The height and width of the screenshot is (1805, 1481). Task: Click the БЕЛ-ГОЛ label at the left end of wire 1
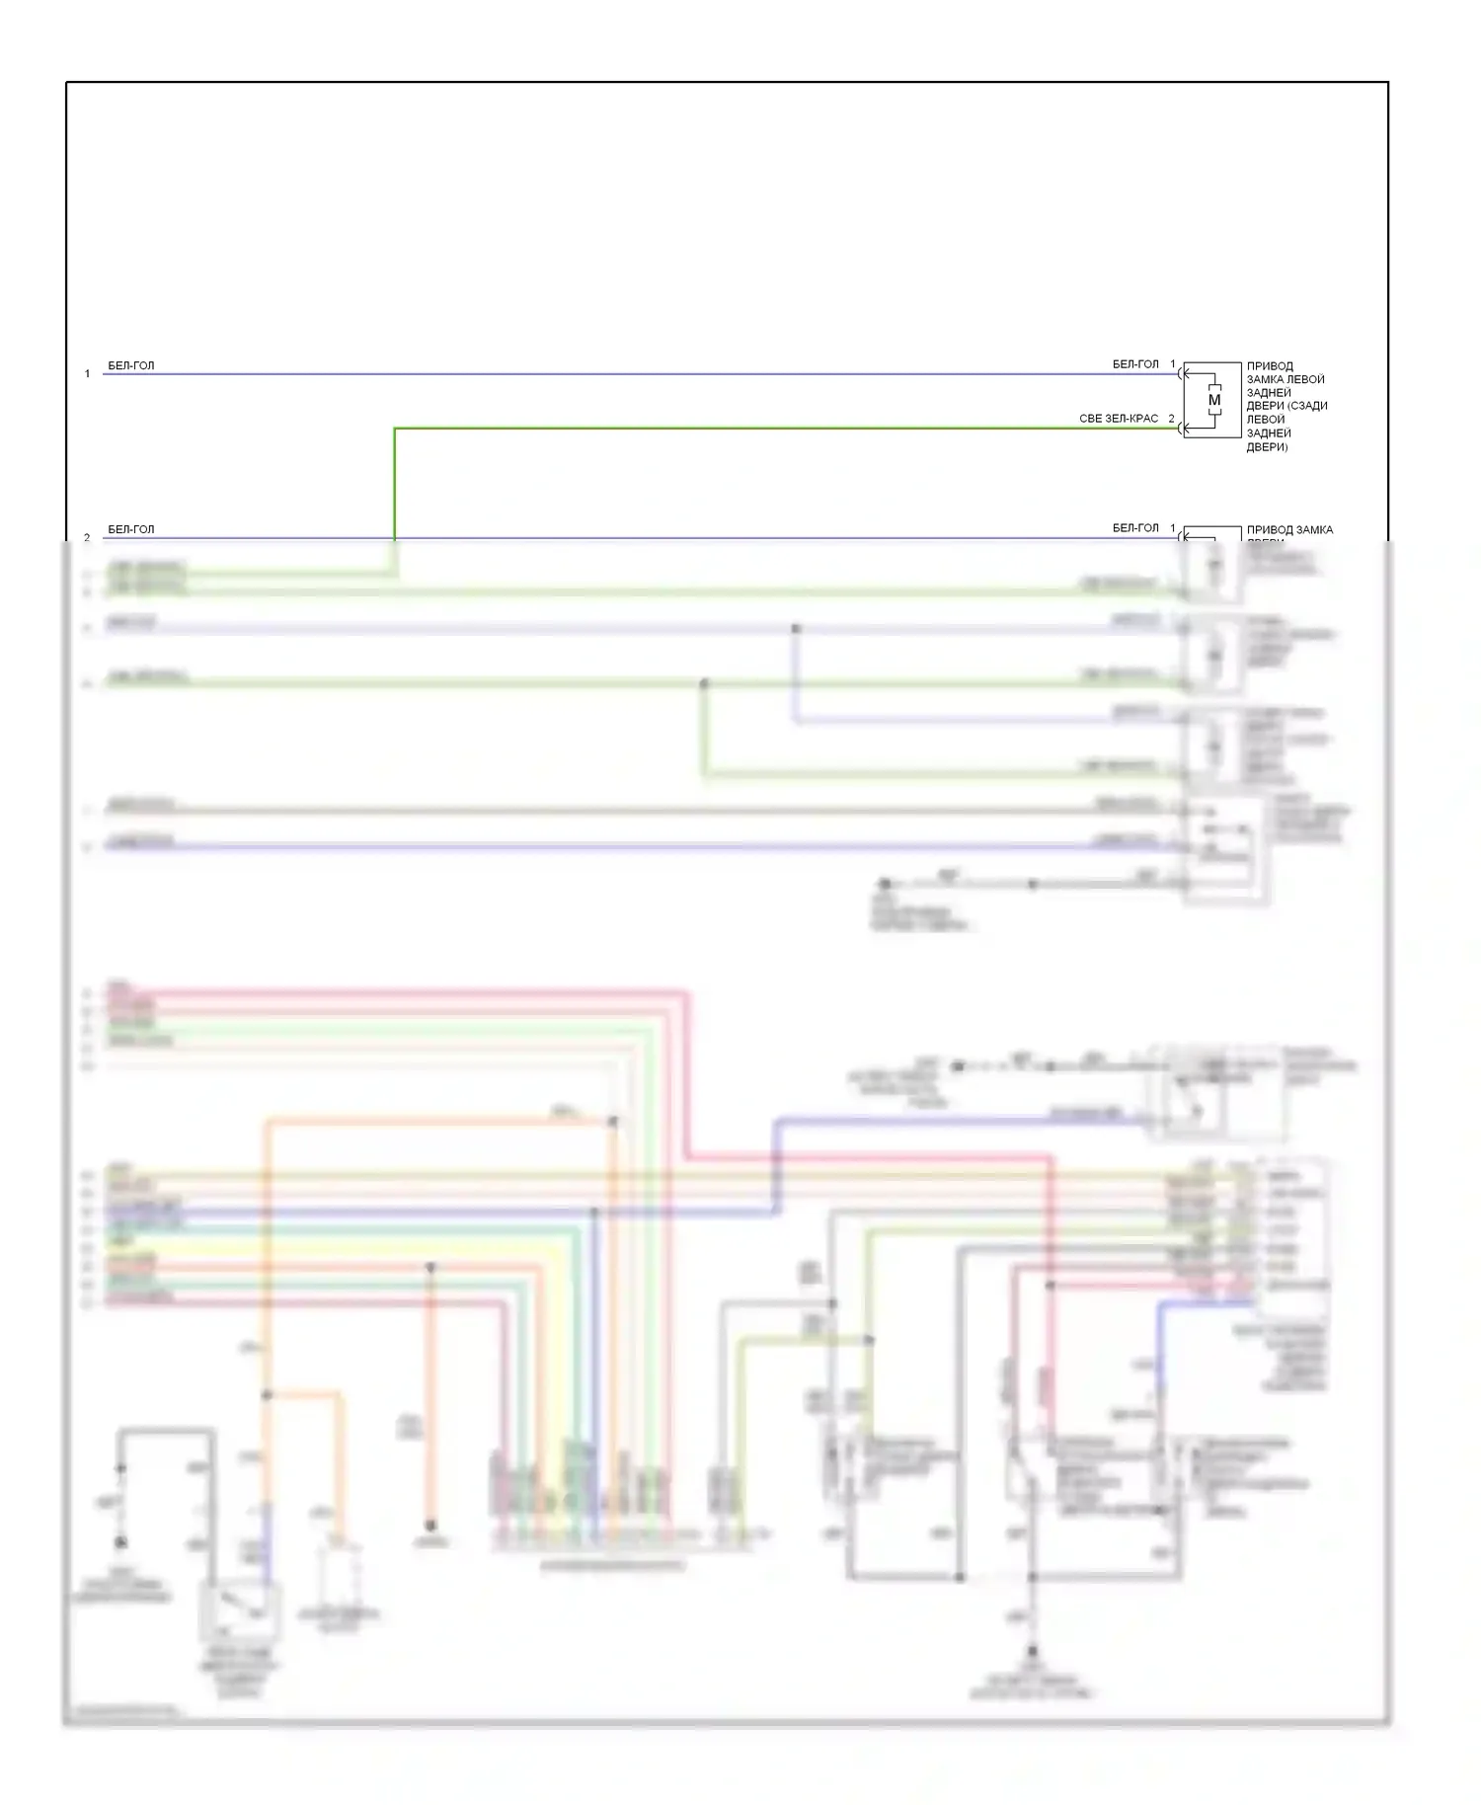(x=131, y=365)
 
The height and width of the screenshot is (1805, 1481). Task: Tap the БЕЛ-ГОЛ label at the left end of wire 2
(x=131, y=529)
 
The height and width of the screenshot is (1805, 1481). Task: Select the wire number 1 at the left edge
(x=87, y=374)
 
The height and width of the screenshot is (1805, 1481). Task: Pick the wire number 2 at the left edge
(x=87, y=538)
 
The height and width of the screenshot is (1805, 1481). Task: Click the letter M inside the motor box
(x=1214, y=400)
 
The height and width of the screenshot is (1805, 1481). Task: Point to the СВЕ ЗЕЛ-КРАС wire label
(x=1119, y=419)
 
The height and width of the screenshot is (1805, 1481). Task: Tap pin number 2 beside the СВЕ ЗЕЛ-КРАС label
(x=1172, y=419)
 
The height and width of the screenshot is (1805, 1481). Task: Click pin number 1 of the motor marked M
(x=1173, y=364)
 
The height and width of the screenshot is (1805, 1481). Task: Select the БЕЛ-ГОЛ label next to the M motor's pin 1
(x=1135, y=364)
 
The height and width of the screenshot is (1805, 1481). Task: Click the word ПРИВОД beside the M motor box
(x=1270, y=366)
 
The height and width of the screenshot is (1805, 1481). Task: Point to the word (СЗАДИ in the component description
(x=1307, y=406)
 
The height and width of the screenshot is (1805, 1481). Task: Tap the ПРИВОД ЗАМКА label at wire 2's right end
(x=1289, y=530)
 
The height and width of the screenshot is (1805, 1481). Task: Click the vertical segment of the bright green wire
(x=395, y=484)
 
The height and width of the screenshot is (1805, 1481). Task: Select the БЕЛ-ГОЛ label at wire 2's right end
(x=1135, y=528)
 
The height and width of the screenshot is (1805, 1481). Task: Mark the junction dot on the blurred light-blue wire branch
(x=796, y=628)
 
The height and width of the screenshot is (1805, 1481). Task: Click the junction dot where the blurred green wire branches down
(x=704, y=683)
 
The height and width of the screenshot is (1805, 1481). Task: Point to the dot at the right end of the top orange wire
(x=613, y=1122)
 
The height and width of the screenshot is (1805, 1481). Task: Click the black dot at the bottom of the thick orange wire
(x=430, y=1525)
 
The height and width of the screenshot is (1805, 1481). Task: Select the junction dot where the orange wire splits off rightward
(x=267, y=1395)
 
